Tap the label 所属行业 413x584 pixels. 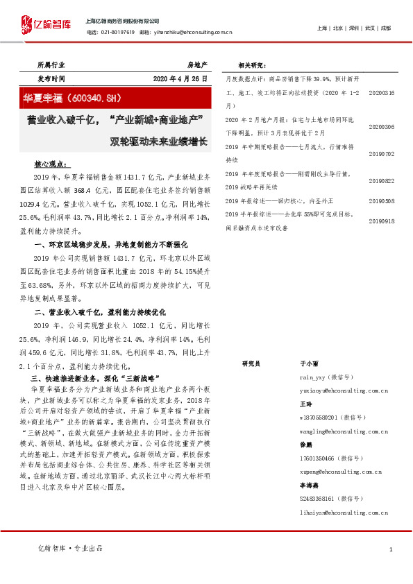click(x=51, y=65)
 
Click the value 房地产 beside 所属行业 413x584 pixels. click(x=198, y=65)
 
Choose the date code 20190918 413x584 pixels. click(x=381, y=221)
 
